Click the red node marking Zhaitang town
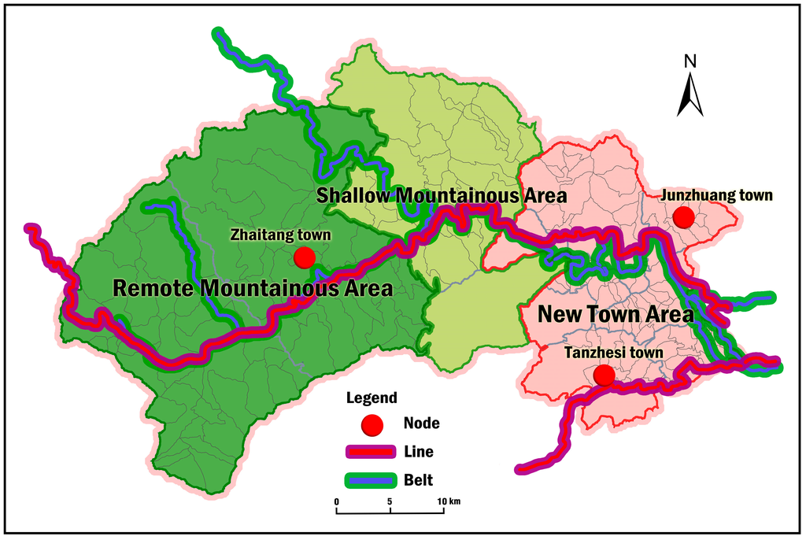click(x=304, y=257)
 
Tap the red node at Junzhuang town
click(x=683, y=216)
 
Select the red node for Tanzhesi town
click(x=604, y=375)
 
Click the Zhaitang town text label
click(x=280, y=235)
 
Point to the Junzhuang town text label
click(x=717, y=194)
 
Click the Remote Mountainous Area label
click(x=253, y=288)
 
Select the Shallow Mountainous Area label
click(x=441, y=195)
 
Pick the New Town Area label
click(x=615, y=314)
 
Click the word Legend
click(x=372, y=398)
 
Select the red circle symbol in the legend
click(x=372, y=424)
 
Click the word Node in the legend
click(x=421, y=423)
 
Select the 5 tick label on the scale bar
click(x=390, y=501)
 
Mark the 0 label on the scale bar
click(x=336, y=501)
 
